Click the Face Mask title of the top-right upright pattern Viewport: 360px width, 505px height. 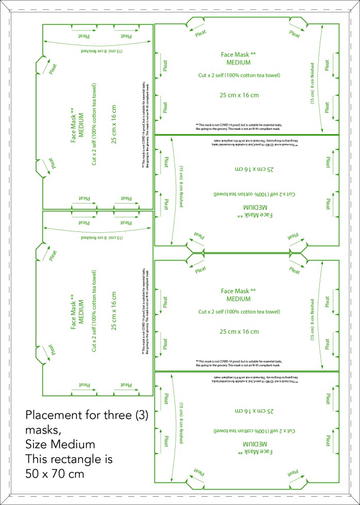coord(238,54)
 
